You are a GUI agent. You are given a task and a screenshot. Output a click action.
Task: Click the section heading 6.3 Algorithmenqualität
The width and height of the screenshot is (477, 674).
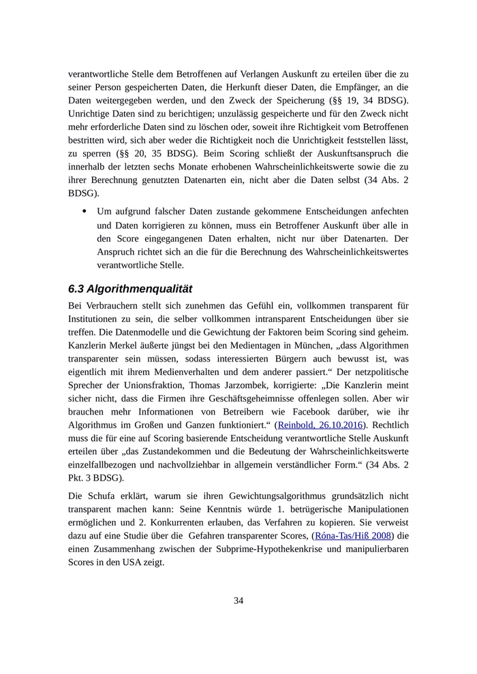click(x=130, y=289)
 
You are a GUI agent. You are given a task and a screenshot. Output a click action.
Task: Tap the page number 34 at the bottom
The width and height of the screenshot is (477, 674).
click(x=238, y=600)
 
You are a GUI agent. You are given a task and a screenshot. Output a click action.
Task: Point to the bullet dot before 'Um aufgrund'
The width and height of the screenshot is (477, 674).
click(x=84, y=211)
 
